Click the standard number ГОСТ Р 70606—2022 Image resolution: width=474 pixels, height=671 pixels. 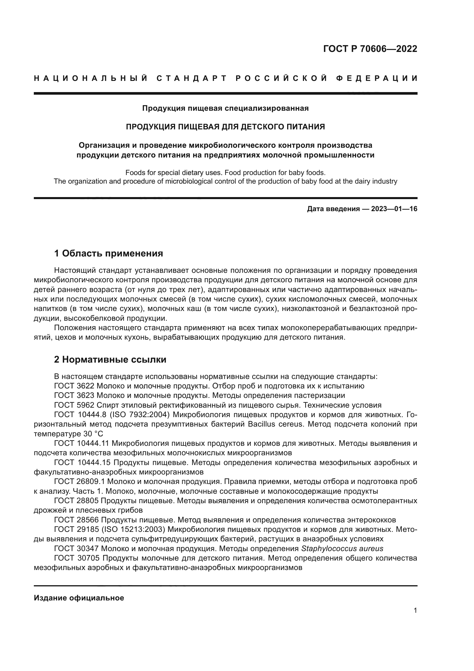[370, 49]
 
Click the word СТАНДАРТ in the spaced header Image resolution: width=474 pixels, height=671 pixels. [192, 78]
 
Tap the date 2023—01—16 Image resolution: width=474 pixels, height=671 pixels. [394, 209]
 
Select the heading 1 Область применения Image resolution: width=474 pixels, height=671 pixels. [109, 253]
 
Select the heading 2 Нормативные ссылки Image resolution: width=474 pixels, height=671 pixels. [110, 359]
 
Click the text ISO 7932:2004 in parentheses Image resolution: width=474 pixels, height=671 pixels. [142, 415]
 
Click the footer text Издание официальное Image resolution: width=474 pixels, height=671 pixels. [79, 598]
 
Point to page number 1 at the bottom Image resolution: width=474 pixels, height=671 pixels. [415, 610]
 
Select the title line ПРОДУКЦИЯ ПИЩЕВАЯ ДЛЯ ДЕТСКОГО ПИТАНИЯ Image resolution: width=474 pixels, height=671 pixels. [225, 127]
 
